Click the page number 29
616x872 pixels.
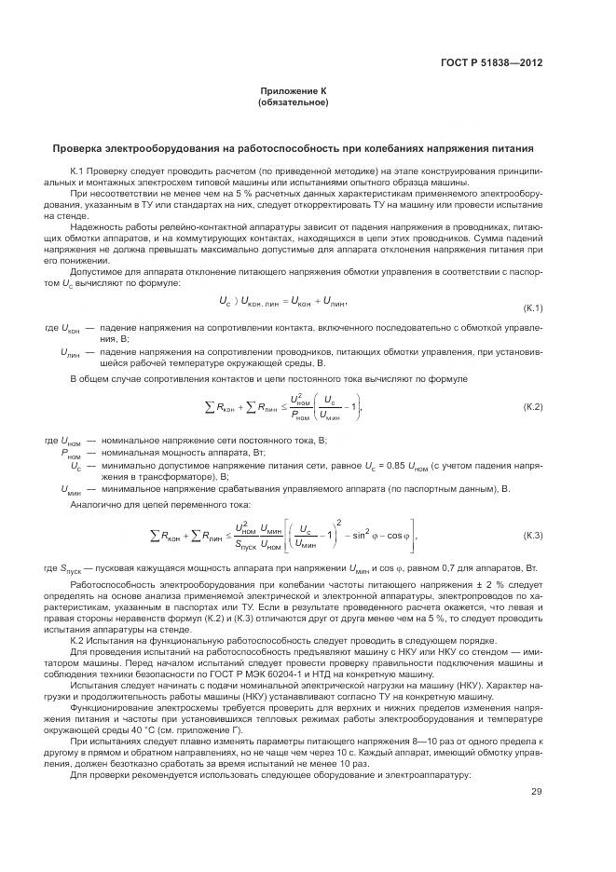click(x=536, y=793)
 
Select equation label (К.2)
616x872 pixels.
click(x=528, y=407)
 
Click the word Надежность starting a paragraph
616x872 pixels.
click(x=95, y=225)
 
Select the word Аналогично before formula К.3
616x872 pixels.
click(x=96, y=504)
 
